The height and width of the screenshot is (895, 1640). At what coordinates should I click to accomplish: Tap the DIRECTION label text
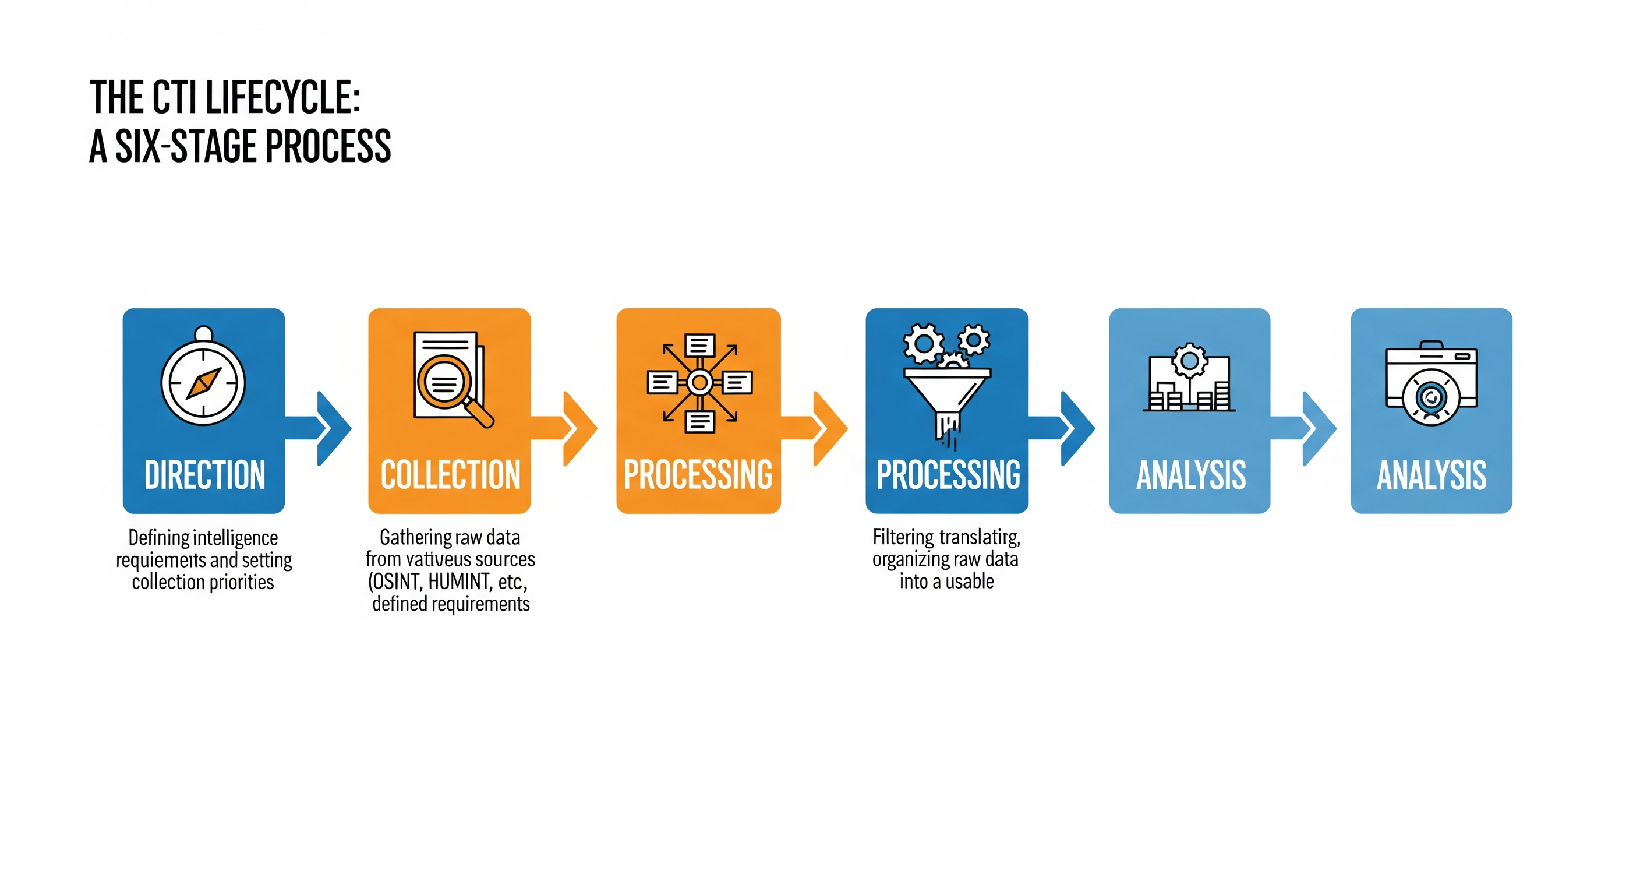coord(204,475)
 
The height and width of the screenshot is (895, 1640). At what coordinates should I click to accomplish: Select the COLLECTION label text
coord(450,475)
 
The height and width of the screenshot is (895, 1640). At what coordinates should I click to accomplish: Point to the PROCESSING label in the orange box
coord(698,475)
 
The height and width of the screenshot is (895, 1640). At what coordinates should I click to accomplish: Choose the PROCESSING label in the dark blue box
coord(948,475)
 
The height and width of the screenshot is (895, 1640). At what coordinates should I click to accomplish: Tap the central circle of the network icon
coord(699,382)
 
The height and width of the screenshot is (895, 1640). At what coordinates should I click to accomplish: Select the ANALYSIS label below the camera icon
coord(1431,475)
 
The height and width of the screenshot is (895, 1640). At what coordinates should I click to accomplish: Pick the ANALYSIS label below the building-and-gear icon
coord(1190,475)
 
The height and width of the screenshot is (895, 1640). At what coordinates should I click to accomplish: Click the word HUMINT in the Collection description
coord(459,582)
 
